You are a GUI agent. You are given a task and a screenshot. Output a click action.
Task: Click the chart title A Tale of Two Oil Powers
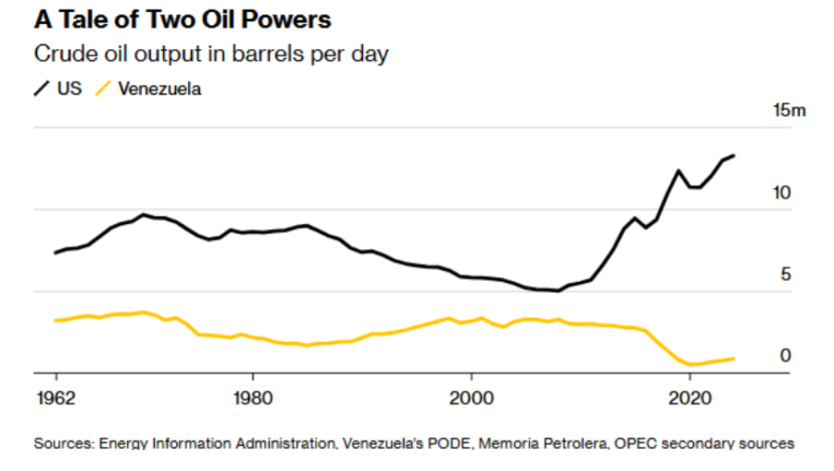tap(183, 19)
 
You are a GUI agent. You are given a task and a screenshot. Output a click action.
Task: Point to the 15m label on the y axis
tap(790, 111)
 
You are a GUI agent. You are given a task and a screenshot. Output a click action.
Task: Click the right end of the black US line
tap(734, 155)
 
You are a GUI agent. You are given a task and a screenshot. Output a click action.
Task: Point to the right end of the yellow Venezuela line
tap(734, 358)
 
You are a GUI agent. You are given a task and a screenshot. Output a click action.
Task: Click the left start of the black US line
tap(56, 252)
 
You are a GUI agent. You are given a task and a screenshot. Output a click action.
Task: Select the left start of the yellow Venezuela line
tap(56, 321)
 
